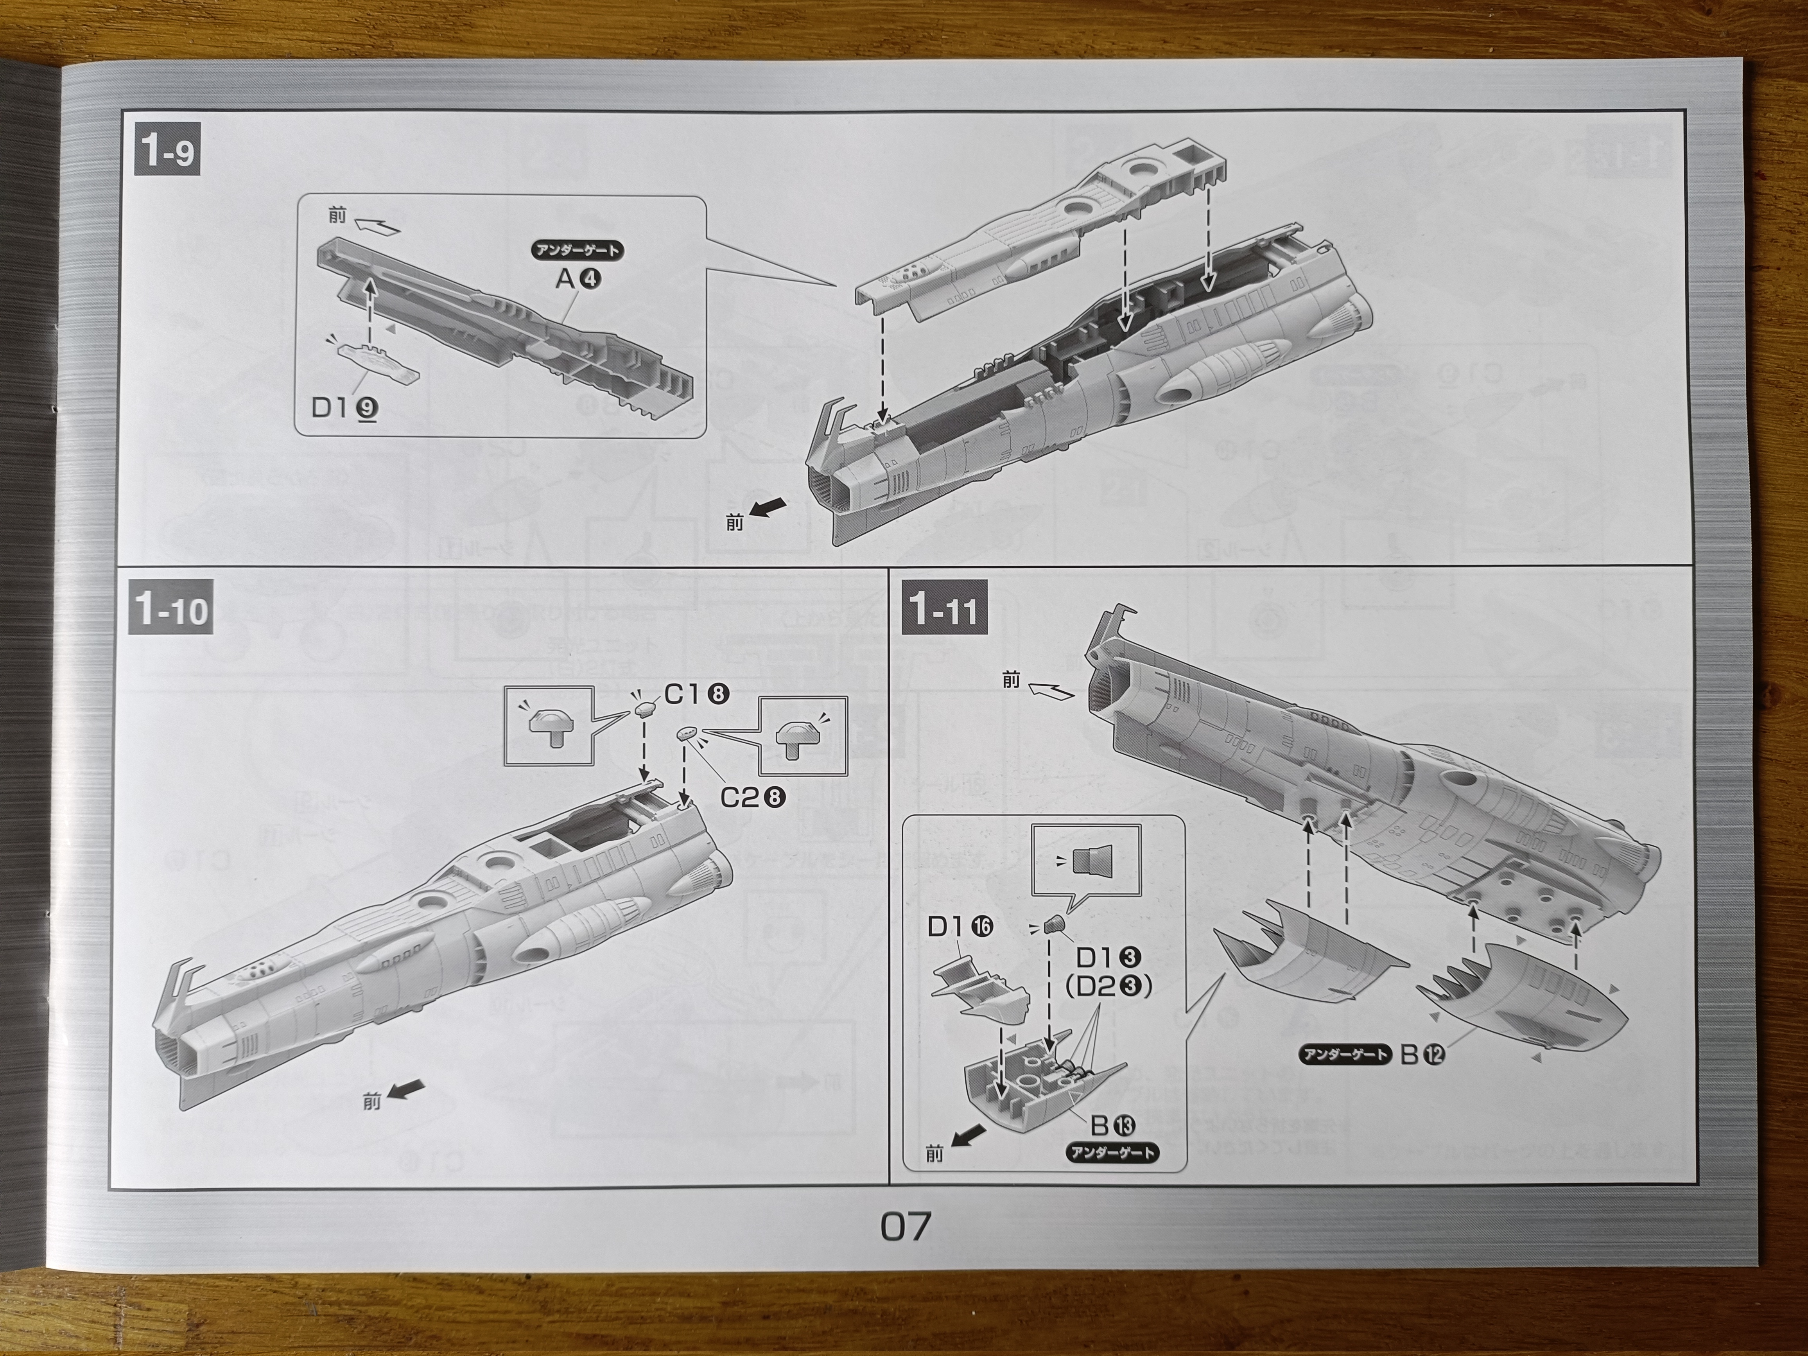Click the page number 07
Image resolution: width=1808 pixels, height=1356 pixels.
pyautogui.click(x=905, y=1226)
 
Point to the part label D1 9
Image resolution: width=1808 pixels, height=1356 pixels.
pyautogui.click(x=344, y=407)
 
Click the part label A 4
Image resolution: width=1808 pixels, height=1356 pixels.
pyautogui.click(x=578, y=279)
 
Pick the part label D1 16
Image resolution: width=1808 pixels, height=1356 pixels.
pyautogui.click(x=960, y=927)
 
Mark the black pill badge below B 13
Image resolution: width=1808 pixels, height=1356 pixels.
pyautogui.click(x=1112, y=1153)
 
